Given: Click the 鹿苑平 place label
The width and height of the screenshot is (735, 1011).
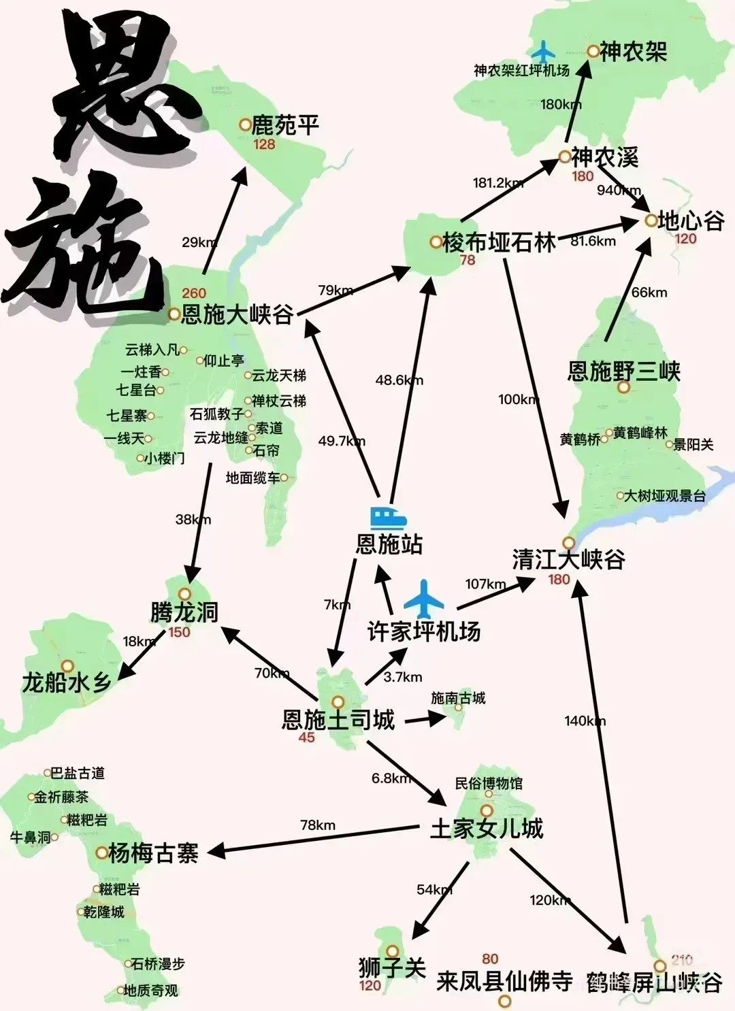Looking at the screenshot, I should tap(285, 125).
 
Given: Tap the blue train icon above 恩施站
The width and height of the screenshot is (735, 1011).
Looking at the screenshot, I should tap(389, 518).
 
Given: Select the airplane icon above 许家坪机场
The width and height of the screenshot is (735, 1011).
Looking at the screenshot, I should tap(424, 598).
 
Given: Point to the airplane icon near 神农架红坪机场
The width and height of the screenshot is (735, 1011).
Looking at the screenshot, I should tap(543, 52).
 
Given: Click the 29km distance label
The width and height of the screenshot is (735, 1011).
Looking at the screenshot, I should tap(199, 242).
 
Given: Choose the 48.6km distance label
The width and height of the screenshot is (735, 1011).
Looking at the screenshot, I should tap(399, 380).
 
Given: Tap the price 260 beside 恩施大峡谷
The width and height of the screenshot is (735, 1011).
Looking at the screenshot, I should tap(194, 293).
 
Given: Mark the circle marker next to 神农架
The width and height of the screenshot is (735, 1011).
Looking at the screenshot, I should tap(593, 51).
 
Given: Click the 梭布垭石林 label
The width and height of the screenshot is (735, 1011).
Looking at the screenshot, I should tap(499, 242).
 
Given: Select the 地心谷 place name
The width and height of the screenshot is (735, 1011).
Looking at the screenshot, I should tap(691, 220).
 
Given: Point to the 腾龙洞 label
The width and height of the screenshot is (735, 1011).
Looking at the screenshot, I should tap(184, 612).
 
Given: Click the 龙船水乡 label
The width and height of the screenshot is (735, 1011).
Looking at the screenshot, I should tap(67, 682).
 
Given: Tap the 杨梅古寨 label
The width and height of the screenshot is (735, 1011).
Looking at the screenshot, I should tap(153, 852).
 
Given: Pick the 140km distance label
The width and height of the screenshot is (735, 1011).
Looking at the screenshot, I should tap(585, 720).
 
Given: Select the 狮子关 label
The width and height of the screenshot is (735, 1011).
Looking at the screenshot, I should tap(392, 967).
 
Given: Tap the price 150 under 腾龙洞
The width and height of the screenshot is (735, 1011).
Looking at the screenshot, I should tap(179, 632).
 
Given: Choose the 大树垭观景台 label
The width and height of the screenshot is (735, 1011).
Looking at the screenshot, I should tap(665, 496).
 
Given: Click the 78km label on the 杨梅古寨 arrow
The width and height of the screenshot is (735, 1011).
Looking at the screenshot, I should tap(318, 825).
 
